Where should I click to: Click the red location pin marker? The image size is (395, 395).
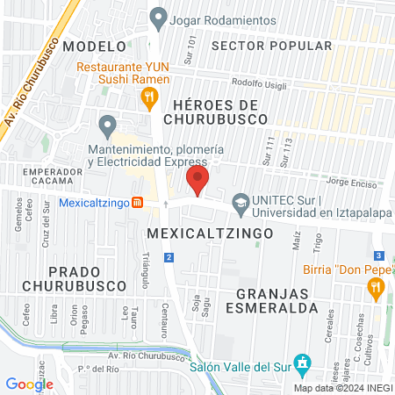[197, 183]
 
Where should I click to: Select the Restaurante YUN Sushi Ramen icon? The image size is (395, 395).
[150, 96]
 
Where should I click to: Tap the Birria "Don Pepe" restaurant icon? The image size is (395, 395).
[377, 286]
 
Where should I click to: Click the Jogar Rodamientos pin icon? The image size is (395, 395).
[158, 16]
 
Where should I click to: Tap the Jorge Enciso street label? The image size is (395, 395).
[350, 184]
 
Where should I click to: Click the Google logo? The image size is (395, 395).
[29, 384]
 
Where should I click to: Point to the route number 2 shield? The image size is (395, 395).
[169, 257]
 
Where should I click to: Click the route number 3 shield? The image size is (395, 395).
[376, 255]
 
